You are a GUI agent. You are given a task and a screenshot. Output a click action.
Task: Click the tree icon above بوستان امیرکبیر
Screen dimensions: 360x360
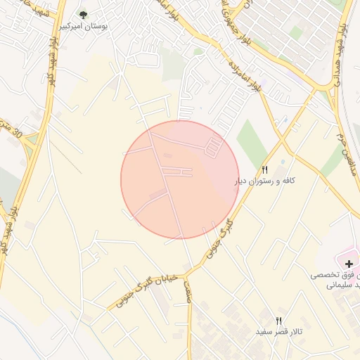click(x=84, y=14)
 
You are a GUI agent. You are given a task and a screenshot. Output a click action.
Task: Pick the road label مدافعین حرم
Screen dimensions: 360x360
click(x=337, y=141)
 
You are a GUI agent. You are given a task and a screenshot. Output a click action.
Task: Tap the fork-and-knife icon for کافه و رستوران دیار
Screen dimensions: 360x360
click(x=265, y=169)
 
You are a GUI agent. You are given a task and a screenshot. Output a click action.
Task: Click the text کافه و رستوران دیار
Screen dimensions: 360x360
click(x=264, y=181)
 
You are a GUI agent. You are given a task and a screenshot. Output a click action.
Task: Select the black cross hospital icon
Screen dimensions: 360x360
click(x=349, y=263)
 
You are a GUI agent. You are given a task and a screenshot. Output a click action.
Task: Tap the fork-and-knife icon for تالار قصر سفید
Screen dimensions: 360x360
click(x=279, y=321)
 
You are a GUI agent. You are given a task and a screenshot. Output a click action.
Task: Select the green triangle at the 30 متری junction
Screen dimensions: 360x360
click(x=30, y=139)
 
